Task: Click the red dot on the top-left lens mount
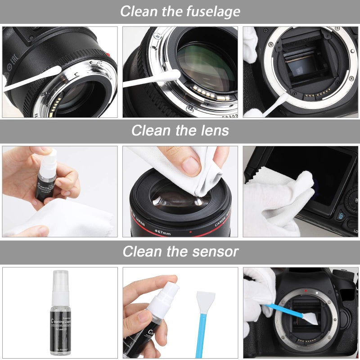click(x=107, y=55)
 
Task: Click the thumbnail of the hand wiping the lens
click(x=180, y=191)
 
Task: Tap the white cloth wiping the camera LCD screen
click(x=283, y=198)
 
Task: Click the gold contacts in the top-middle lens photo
click(x=205, y=92)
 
